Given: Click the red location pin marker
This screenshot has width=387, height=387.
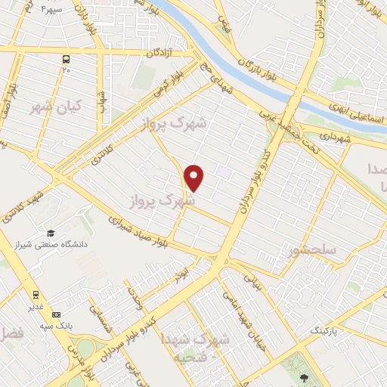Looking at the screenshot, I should (194, 178).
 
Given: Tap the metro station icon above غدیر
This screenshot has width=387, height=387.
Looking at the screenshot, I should (36, 295).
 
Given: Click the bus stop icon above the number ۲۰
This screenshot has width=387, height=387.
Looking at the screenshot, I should (67, 59).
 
